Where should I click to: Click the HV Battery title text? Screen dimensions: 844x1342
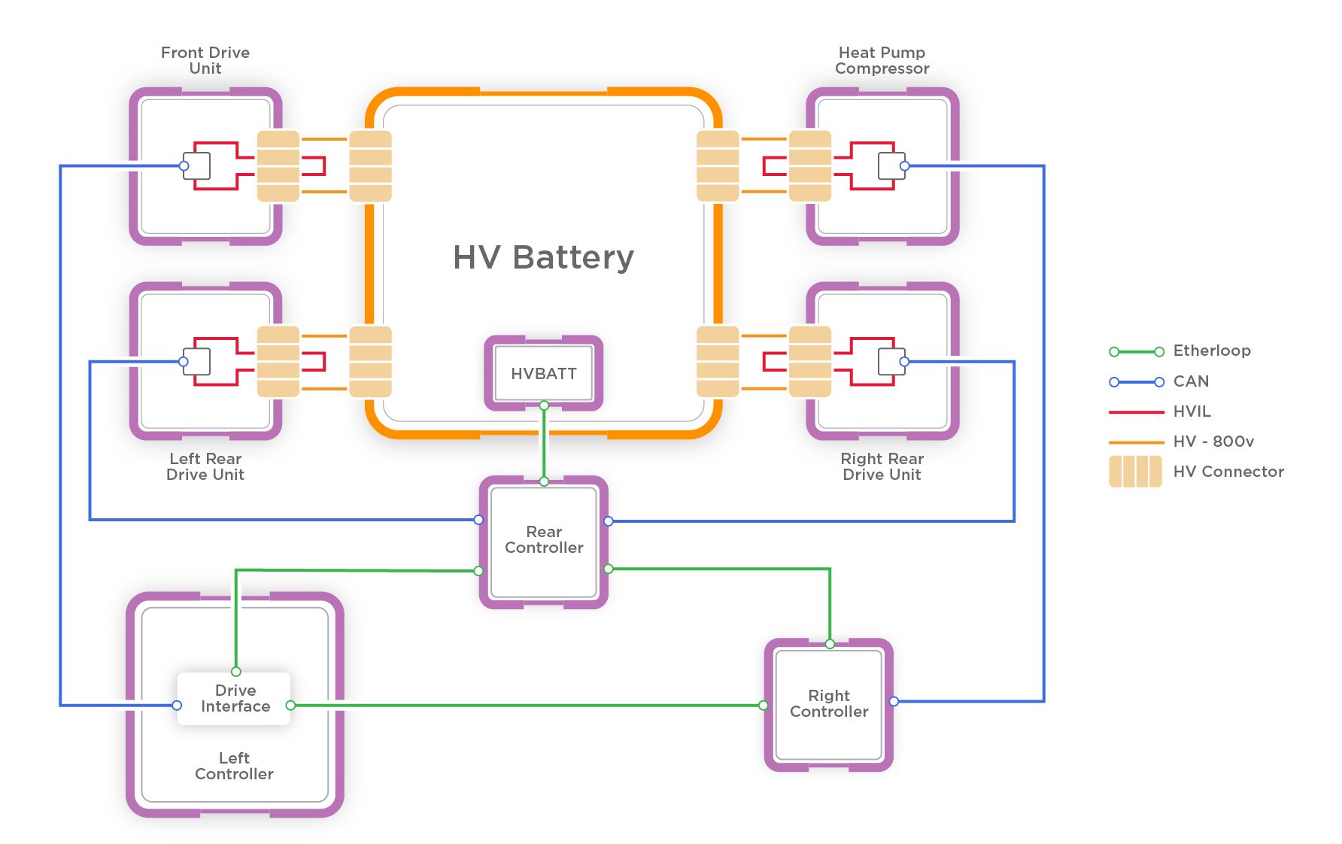click(x=543, y=257)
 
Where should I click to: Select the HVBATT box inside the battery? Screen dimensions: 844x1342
click(x=543, y=374)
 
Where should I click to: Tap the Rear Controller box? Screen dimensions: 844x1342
click(x=544, y=540)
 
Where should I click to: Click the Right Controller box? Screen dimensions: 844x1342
click(x=829, y=704)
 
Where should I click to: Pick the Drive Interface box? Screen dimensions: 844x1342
click(x=234, y=699)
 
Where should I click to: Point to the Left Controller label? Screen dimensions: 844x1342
click(x=234, y=766)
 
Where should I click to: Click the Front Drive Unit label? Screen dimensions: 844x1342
click(x=205, y=60)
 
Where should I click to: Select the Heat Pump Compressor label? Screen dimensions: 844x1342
click(x=882, y=60)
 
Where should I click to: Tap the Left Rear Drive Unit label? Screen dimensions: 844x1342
click(x=205, y=466)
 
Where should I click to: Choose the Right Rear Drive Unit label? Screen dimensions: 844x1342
click(x=882, y=466)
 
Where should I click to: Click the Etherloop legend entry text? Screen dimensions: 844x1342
click(x=1212, y=351)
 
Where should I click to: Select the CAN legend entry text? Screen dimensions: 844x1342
click(x=1191, y=381)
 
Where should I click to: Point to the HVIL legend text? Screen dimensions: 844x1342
click(x=1192, y=411)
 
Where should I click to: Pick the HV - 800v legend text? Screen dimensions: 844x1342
click(x=1213, y=442)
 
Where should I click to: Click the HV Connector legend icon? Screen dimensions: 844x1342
click(x=1135, y=472)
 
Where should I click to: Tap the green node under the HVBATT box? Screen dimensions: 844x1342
click(x=544, y=405)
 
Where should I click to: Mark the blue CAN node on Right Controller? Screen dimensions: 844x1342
click(x=894, y=701)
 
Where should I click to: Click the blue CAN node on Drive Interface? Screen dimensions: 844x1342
click(x=177, y=706)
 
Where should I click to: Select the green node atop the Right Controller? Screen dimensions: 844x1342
click(x=830, y=644)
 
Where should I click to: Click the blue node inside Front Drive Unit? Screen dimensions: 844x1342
click(x=184, y=165)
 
